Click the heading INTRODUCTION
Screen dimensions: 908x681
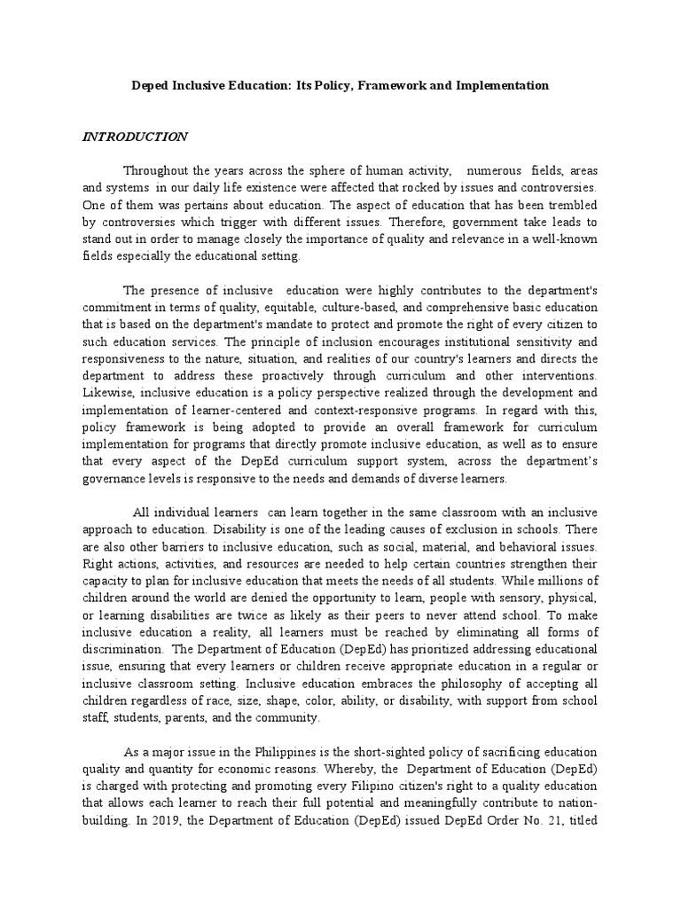(x=135, y=137)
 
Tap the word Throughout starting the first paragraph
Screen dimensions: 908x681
(x=156, y=170)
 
